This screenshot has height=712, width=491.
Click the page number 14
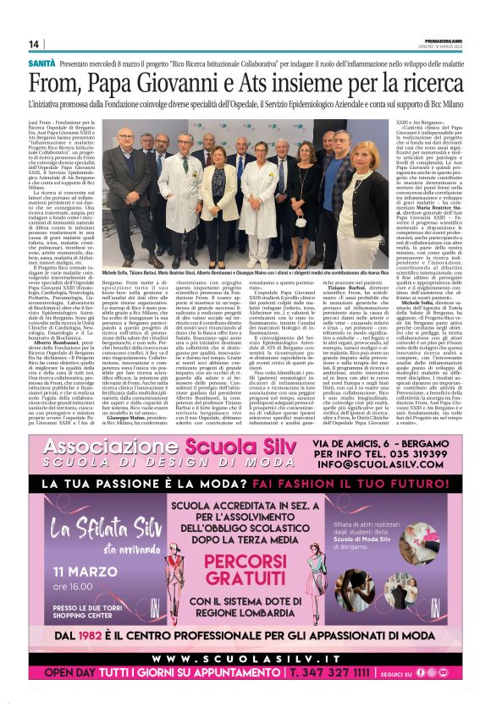34,44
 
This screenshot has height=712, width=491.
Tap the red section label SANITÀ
41,63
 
